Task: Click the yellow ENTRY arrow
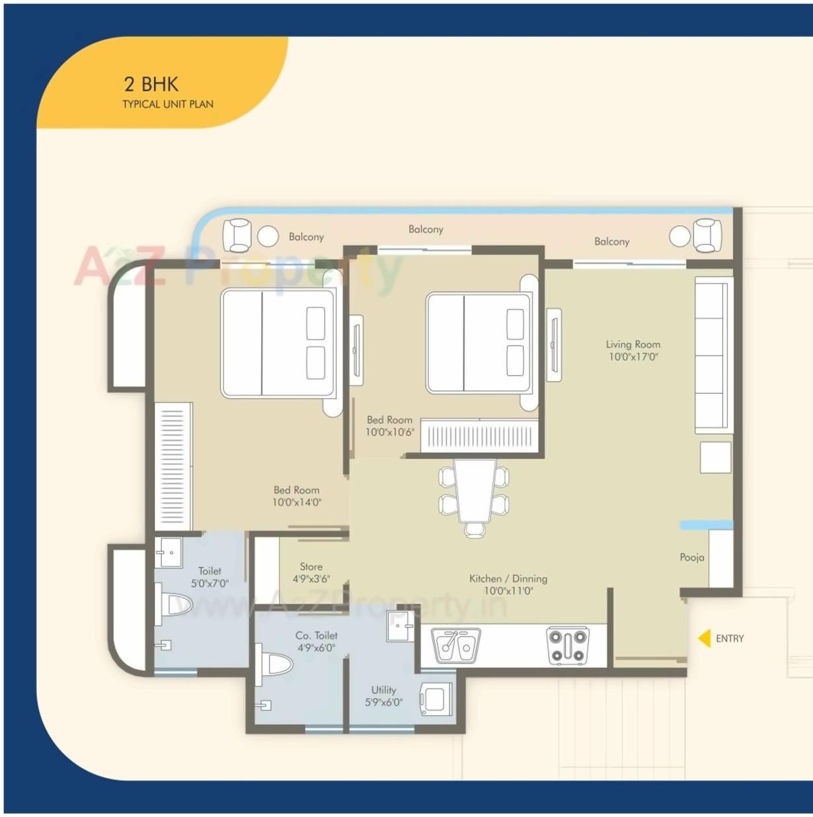[x=705, y=638]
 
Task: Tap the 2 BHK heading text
[x=151, y=84]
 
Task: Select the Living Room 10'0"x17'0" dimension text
[x=633, y=357]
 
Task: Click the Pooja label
[x=691, y=557]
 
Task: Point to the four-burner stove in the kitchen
[x=567, y=646]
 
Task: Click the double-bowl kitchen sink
[x=455, y=644]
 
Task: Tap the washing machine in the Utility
[x=436, y=699]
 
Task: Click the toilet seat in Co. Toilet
[x=276, y=664]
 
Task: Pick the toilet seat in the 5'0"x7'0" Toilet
[x=176, y=604]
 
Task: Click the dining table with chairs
[x=474, y=492]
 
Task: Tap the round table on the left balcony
[x=268, y=236]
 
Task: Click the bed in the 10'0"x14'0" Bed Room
[x=278, y=343]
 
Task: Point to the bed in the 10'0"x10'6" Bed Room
[x=479, y=343]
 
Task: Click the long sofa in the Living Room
[x=713, y=356]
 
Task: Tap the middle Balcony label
[x=426, y=229]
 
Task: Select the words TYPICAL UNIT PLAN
[x=168, y=104]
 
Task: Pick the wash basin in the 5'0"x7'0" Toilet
[x=169, y=552]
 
